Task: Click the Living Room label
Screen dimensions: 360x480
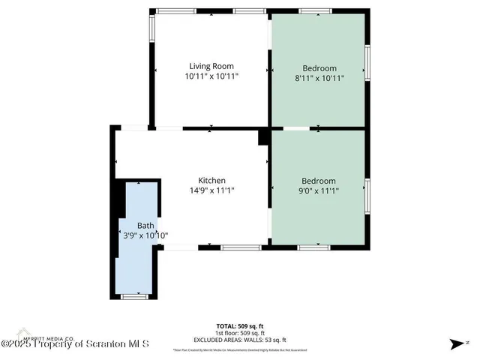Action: pos(211,67)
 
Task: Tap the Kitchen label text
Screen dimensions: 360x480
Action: pos(211,181)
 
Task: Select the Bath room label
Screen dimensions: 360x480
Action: pos(145,225)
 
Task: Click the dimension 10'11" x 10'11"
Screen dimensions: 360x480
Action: pos(211,76)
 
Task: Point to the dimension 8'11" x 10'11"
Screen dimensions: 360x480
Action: pos(319,76)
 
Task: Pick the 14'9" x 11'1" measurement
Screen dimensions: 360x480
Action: pos(211,190)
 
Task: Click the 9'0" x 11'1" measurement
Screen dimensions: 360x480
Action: pos(319,190)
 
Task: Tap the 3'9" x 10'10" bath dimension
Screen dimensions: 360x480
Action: pos(145,235)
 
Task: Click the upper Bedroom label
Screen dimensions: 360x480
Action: pos(319,67)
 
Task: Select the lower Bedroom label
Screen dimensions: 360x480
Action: pos(319,181)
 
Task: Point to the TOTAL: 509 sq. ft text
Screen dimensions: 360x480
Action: pos(240,325)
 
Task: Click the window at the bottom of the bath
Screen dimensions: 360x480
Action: pos(134,297)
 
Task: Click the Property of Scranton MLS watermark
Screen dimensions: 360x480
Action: pos(75,344)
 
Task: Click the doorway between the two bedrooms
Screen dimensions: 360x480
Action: pos(295,128)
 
